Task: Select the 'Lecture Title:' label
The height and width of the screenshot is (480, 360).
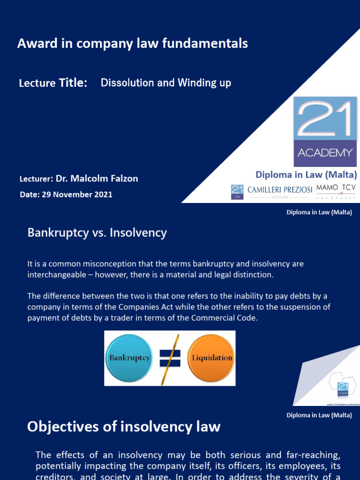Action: (x=53, y=83)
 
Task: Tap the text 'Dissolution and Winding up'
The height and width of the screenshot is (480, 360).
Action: (x=166, y=83)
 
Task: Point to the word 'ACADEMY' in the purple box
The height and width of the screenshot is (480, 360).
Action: (x=325, y=153)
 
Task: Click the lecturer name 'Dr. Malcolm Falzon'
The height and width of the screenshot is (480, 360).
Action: (x=97, y=179)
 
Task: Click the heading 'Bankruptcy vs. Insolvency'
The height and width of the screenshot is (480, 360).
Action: (x=97, y=232)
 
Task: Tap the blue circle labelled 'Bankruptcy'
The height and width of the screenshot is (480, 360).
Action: (x=129, y=358)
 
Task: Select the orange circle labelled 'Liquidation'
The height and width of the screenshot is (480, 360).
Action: (x=211, y=358)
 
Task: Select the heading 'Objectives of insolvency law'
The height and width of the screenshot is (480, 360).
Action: (x=124, y=427)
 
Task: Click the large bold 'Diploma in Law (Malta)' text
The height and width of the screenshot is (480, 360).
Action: (x=306, y=175)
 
